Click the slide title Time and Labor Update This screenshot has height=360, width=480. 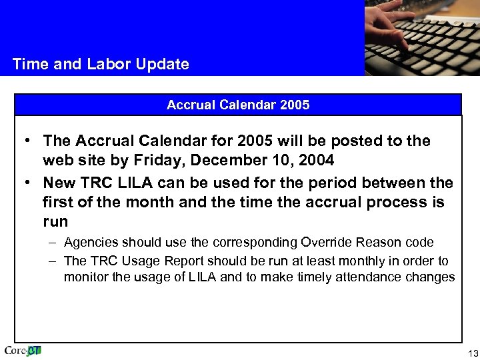(x=101, y=65)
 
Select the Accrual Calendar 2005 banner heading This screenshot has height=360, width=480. (x=238, y=105)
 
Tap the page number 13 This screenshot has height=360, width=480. (x=473, y=353)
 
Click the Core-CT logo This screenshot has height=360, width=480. (x=23, y=351)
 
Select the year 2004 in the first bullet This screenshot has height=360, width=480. (x=317, y=161)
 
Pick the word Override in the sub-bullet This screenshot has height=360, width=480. (x=323, y=242)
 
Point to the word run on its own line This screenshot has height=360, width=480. (x=55, y=222)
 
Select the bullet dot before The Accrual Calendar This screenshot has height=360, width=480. (x=25, y=141)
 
